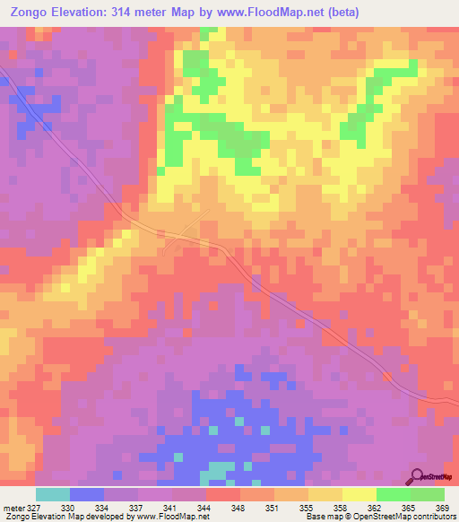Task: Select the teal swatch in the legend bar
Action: (53, 495)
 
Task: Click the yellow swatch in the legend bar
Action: (359, 495)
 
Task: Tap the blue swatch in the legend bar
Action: (87, 495)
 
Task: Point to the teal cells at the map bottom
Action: (215, 471)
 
